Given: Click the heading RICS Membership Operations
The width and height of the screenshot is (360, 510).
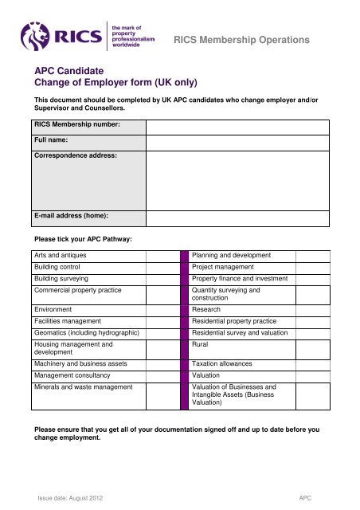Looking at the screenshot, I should [x=251, y=39].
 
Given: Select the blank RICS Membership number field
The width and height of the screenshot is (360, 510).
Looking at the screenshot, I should [x=237, y=127].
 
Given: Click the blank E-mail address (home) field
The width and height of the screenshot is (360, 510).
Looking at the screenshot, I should [x=237, y=216].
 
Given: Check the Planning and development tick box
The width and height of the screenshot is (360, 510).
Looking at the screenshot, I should [x=307, y=256].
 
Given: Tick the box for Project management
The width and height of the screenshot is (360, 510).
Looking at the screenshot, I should [x=307, y=267].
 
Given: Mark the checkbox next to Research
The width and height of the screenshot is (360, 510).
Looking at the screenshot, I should [x=307, y=308].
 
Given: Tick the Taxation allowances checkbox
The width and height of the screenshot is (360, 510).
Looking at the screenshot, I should [x=307, y=363].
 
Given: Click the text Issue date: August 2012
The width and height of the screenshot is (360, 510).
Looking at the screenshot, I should [x=71, y=497].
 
